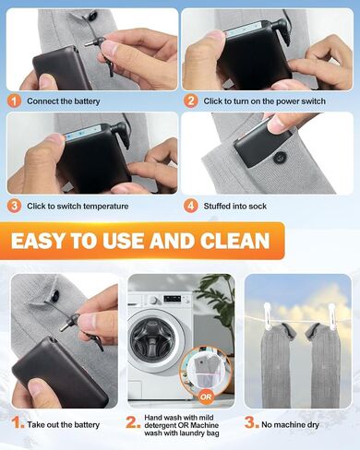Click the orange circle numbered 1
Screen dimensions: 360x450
click(x=14, y=101)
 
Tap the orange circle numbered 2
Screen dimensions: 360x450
click(x=191, y=101)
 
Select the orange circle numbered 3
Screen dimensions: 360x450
click(x=14, y=206)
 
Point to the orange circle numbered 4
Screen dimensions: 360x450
click(x=191, y=206)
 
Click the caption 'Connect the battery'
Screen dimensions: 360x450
click(x=64, y=101)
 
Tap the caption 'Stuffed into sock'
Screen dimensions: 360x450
click(x=235, y=206)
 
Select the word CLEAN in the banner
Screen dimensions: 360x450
click(x=234, y=241)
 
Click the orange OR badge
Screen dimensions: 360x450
click(x=206, y=397)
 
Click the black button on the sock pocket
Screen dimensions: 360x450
click(x=282, y=158)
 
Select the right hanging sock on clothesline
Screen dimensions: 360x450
click(x=322, y=365)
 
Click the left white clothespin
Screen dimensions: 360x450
click(x=267, y=316)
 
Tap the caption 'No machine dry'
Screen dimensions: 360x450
click(x=290, y=425)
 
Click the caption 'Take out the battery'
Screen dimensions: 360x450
click(x=63, y=425)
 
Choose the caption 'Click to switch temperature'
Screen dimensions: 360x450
click(x=78, y=206)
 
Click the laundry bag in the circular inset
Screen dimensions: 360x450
click(x=206, y=372)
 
